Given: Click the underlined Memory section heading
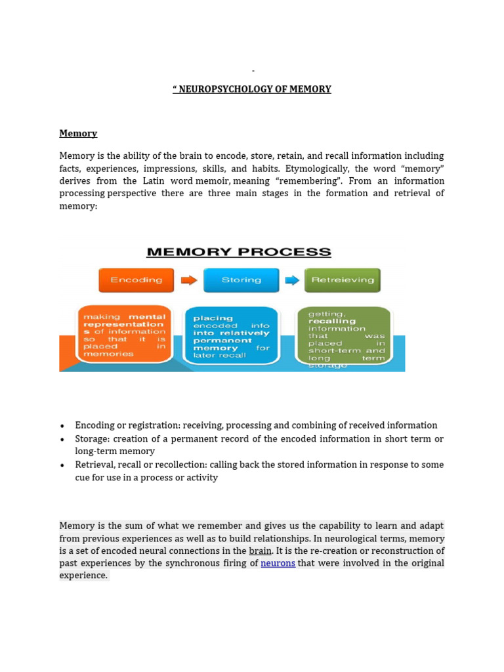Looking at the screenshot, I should [x=78, y=133].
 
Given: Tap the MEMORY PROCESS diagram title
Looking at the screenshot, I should [x=238, y=252].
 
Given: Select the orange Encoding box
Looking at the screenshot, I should [x=136, y=280].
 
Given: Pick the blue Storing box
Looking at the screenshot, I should [x=241, y=280].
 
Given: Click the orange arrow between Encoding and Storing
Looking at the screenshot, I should [x=189, y=280].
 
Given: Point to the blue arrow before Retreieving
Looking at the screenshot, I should [x=292, y=280].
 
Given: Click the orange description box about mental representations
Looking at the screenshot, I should [x=125, y=334].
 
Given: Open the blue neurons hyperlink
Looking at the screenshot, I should [x=278, y=563].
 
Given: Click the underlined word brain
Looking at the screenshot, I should [x=260, y=551].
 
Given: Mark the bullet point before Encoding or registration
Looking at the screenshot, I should [x=62, y=426].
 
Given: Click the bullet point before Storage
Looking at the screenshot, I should [x=62, y=439].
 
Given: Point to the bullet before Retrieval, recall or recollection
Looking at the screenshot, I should [x=62, y=465].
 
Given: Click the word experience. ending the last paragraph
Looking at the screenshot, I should [x=83, y=576].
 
